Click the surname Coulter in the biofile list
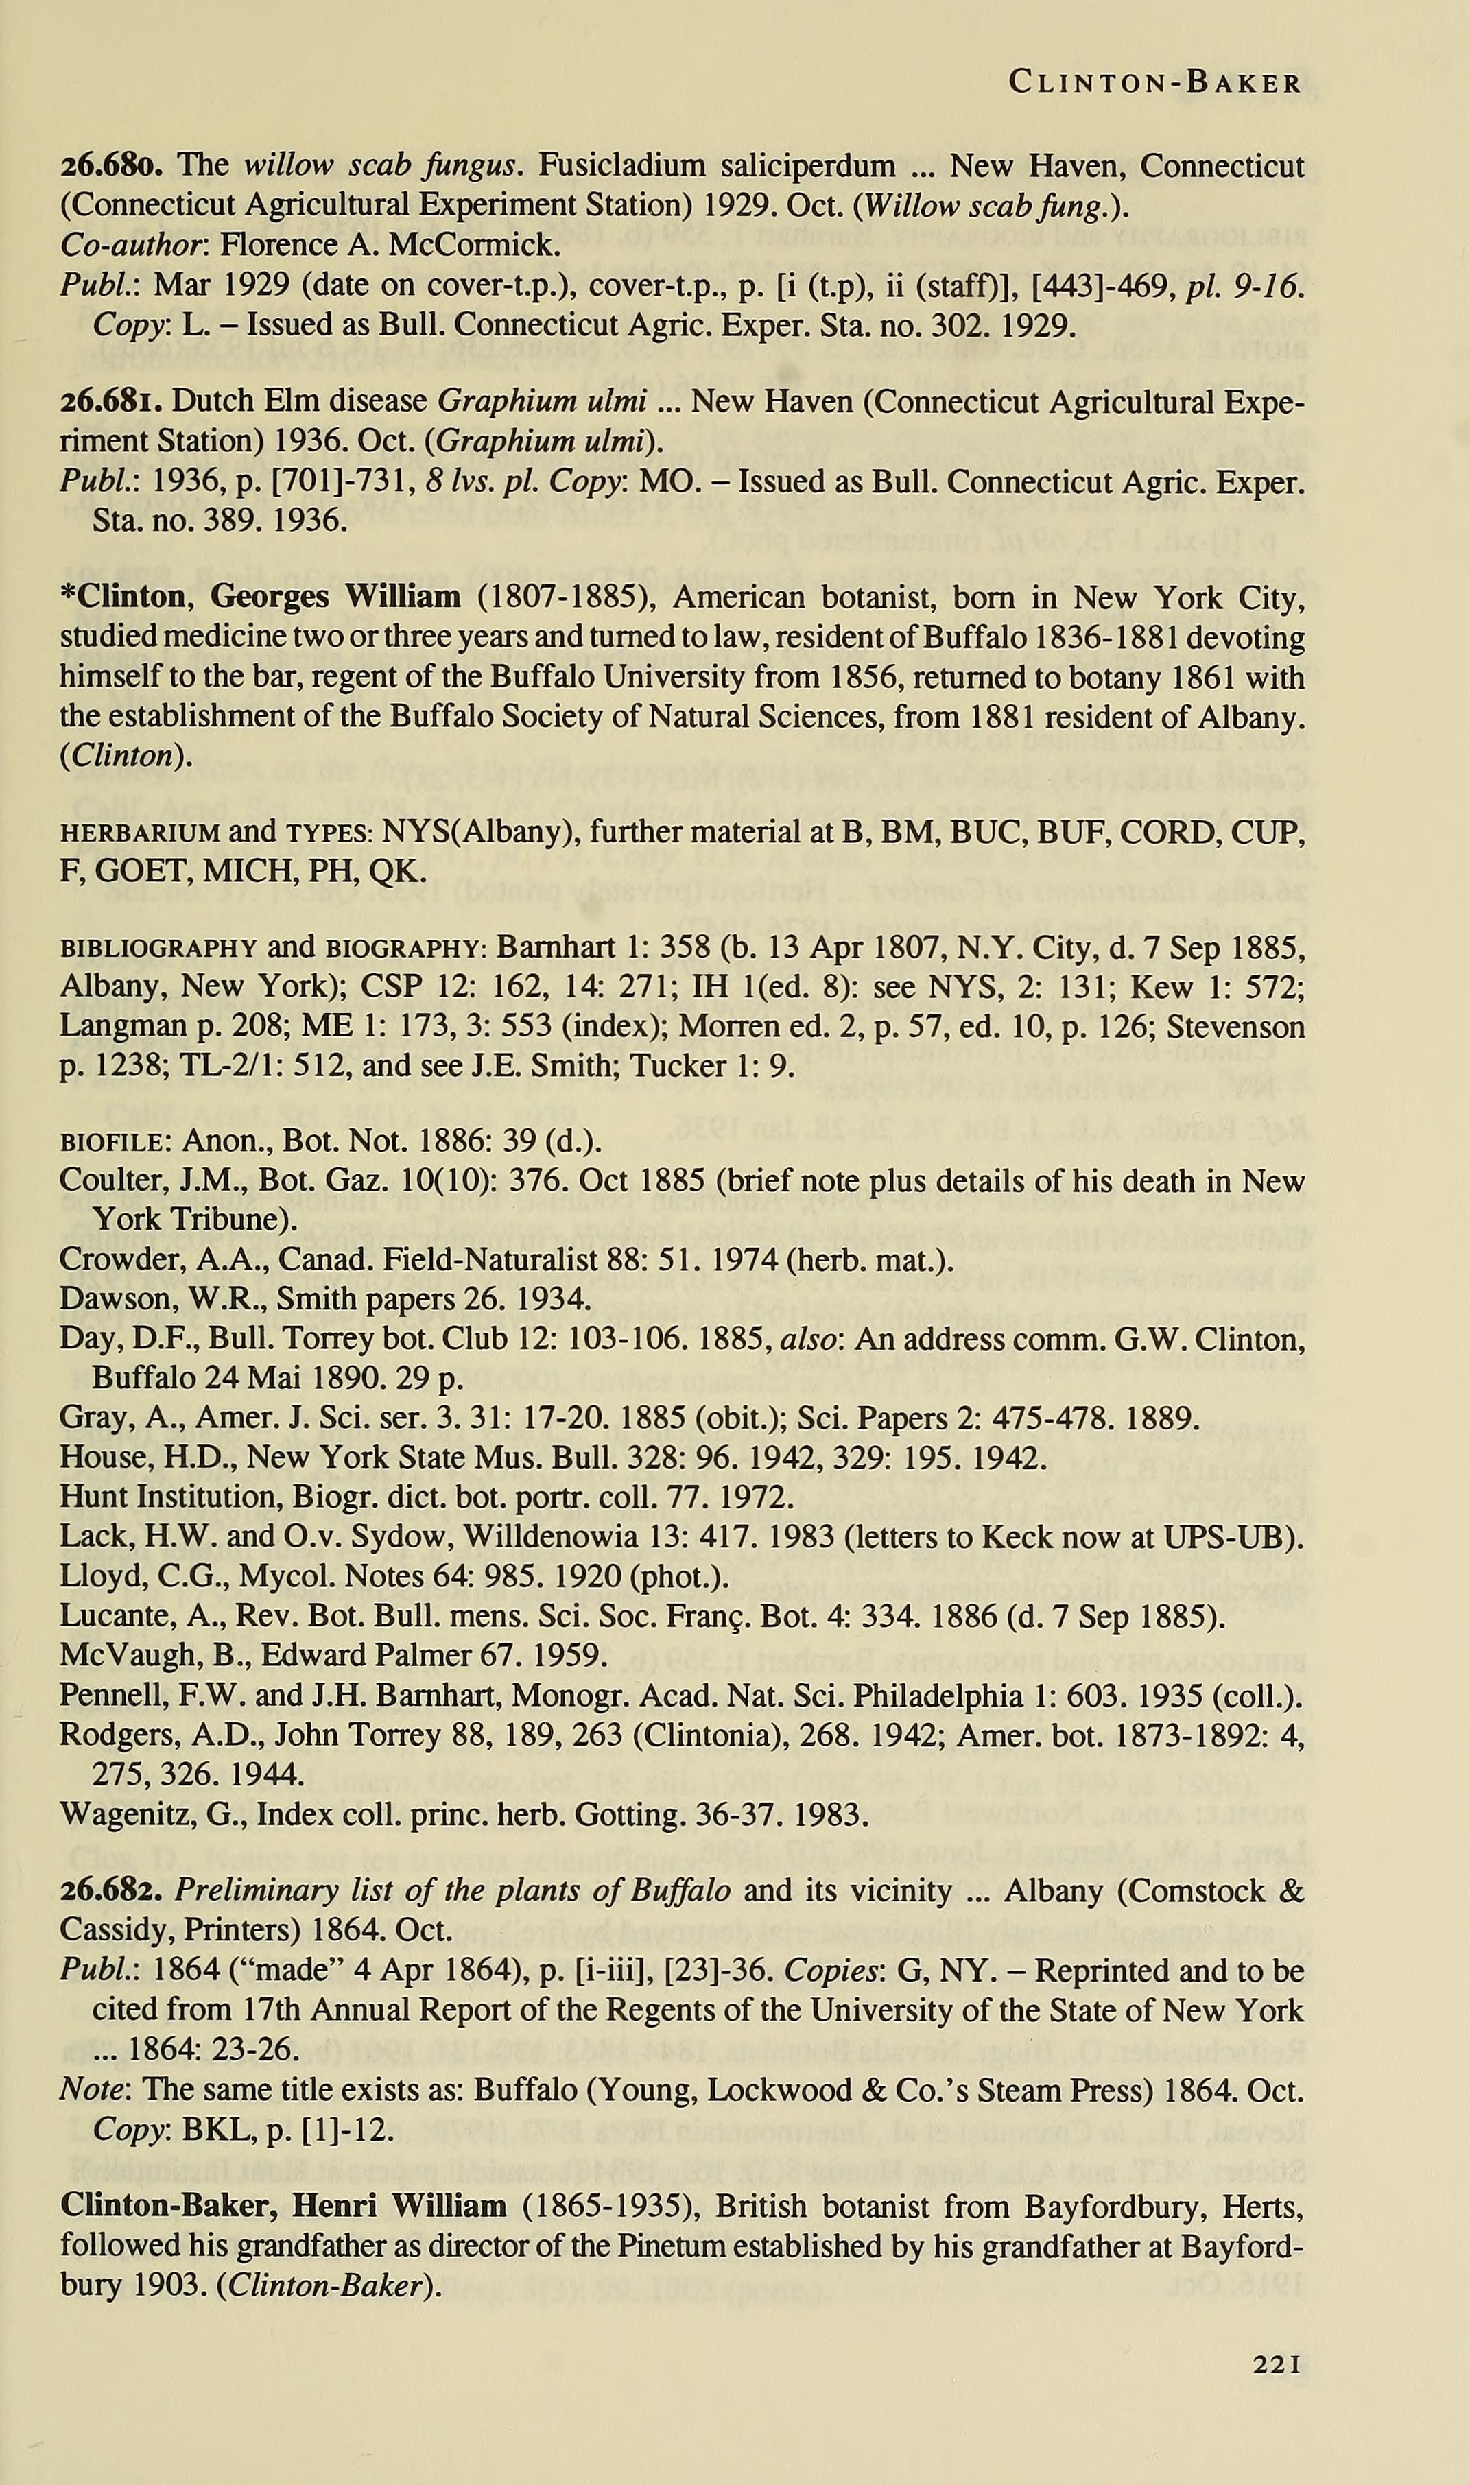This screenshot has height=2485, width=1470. click(x=103, y=1182)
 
